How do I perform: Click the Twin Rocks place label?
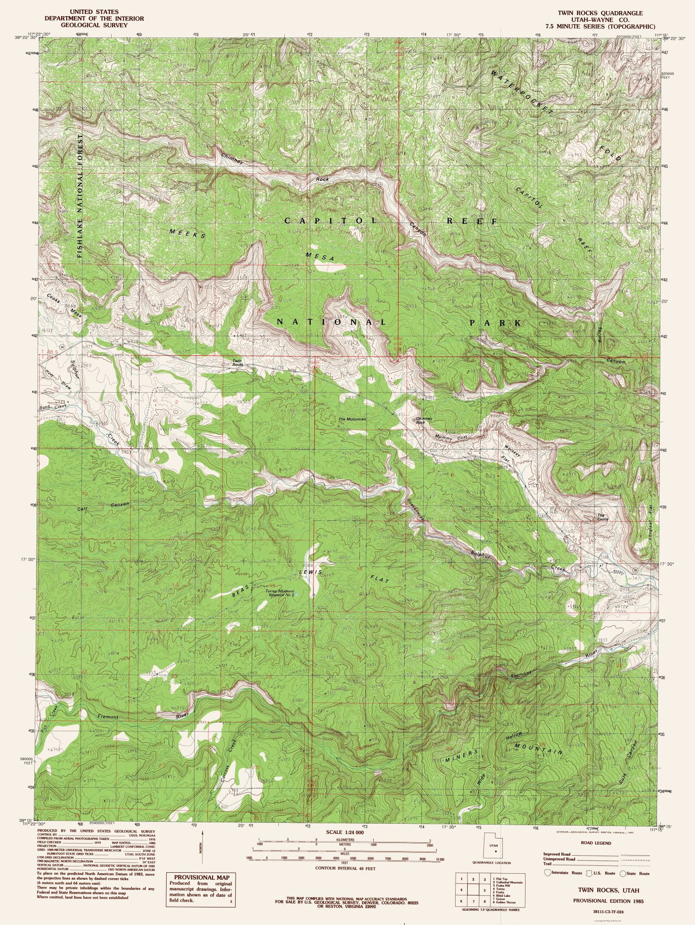(x=238, y=362)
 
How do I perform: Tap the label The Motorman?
(x=352, y=419)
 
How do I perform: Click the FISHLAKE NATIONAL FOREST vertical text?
(x=81, y=196)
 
